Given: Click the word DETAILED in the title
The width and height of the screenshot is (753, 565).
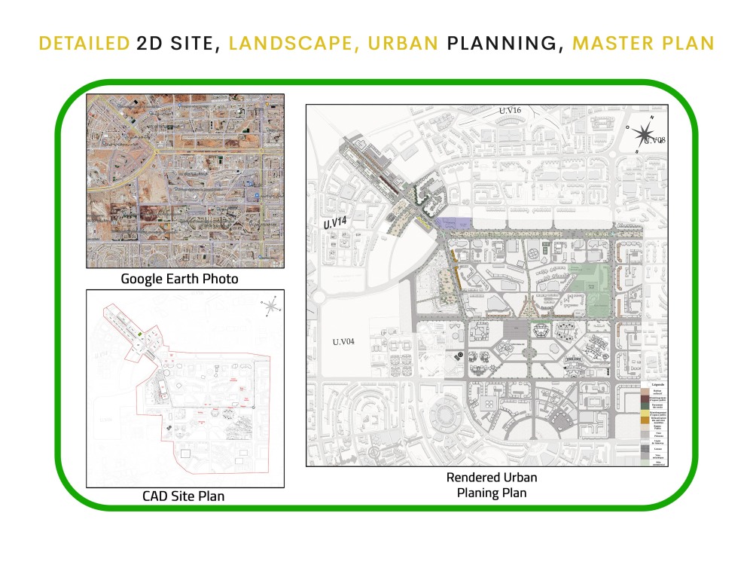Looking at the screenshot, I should point(84,43).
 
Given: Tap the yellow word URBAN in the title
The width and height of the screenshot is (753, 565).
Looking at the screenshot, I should point(402,43).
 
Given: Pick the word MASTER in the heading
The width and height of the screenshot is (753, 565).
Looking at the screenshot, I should point(609,43).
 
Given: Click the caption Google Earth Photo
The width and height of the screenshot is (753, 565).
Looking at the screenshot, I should point(180,279).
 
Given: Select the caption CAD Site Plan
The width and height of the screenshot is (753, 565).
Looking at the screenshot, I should point(183,496).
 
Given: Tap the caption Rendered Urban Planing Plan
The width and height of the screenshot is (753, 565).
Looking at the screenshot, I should point(492,485).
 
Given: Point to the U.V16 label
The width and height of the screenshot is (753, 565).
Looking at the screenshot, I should point(510,111).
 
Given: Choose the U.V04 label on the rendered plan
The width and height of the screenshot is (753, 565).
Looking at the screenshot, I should point(346,341).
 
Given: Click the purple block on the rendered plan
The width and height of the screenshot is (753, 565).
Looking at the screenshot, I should point(455,223).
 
